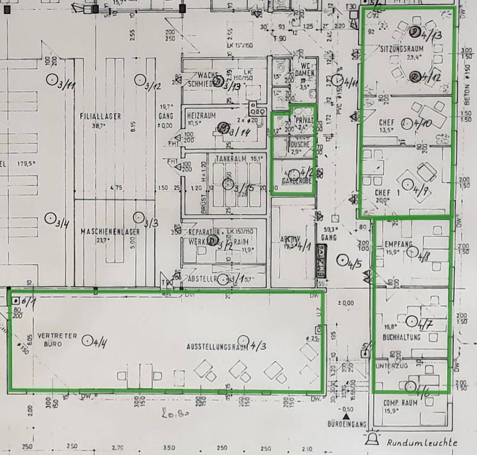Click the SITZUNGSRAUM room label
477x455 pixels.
tap(400, 49)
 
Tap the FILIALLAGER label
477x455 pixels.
tap(100, 116)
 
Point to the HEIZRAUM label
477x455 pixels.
tap(200, 115)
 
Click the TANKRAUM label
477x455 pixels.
tap(232, 159)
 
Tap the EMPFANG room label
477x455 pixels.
tap(398, 244)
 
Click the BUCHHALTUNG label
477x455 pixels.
tap(401, 338)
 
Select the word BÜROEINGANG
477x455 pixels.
tap(347, 424)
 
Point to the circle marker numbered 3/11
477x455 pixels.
tap(52, 80)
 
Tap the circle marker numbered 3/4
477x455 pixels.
tap(50, 218)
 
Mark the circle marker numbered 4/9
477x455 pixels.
tap(407, 184)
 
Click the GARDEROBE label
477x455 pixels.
tap(296, 181)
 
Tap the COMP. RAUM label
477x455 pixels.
tap(400, 403)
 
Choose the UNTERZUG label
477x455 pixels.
tap(390, 367)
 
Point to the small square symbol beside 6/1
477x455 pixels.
tap(15, 301)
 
